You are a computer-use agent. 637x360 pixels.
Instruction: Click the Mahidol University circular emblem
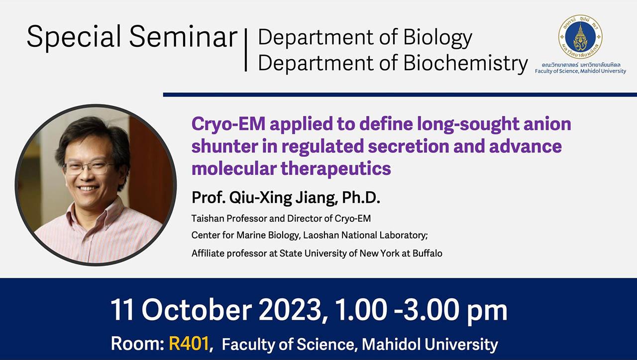[x=580, y=37]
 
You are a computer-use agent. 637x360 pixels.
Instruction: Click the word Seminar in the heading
[x=183, y=37]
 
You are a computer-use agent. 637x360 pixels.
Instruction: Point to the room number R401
[x=189, y=344]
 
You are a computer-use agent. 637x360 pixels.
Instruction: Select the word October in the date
[x=197, y=310]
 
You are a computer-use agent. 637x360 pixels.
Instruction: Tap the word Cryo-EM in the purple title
[x=228, y=124]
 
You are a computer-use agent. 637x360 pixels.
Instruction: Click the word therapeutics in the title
[x=336, y=169]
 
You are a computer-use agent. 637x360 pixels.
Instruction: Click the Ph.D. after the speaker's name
[x=361, y=198]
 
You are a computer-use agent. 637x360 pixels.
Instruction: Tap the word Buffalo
[x=427, y=253]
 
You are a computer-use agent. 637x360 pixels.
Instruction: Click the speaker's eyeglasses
[x=88, y=167]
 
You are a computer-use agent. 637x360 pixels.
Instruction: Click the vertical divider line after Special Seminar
[x=246, y=50]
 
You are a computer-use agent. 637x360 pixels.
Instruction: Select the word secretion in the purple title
[x=408, y=146]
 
